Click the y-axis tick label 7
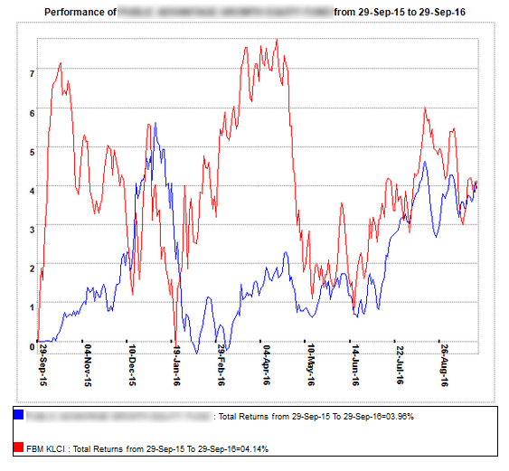coord(32,72)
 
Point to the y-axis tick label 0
coord(32,345)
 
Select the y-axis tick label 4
coord(32,190)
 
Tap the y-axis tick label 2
coord(32,268)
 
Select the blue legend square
coord(19,416)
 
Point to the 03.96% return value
coord(396,417)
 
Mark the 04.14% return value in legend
coord(250,448)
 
